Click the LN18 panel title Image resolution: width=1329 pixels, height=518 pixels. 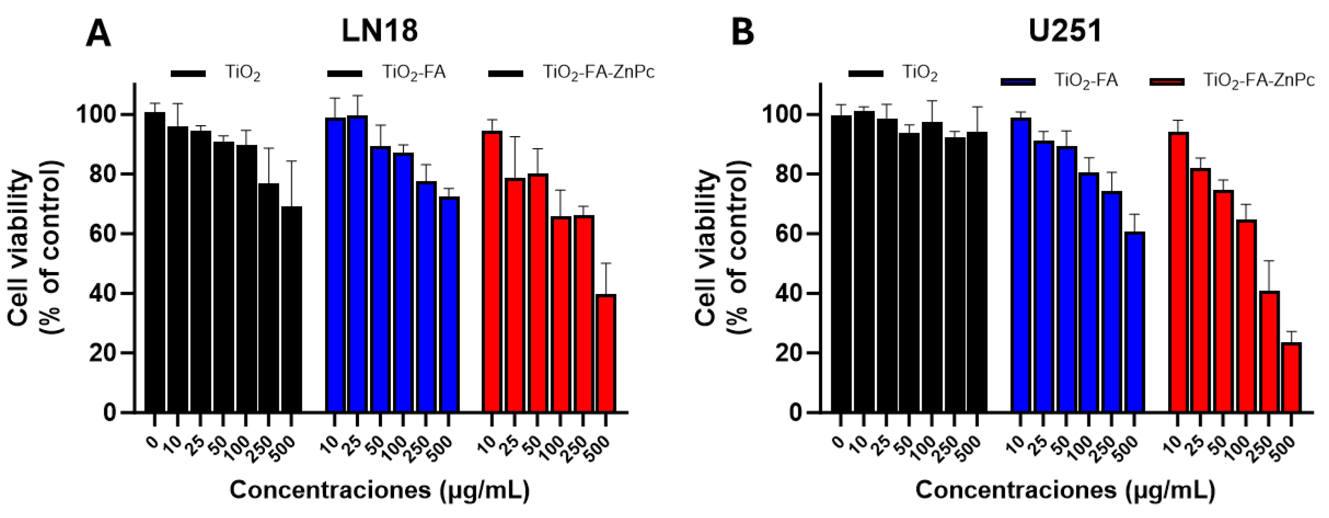pyautogui.click(x=380, y=31)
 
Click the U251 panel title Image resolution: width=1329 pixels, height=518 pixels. pyautogui.click(x=1065, y=31)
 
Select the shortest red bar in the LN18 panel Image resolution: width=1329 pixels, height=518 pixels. pyautogui.click(x=606, y=353)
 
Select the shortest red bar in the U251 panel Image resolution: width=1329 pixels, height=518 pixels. pyautogui.click(x=1291, y=378)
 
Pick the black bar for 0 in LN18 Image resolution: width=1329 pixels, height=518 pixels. pyautogui.click(x=155, y=263)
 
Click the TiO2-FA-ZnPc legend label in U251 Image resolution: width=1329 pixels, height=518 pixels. pyautogui.click(x=1259, y=81)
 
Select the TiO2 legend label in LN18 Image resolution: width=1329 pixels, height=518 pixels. pyautogui.click(x=243, y=73)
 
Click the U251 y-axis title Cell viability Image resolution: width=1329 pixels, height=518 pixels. pyautogui.click(x=707, y=248)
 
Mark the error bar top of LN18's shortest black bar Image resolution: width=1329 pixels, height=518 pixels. pyautogui.click(x=291, y=161)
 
